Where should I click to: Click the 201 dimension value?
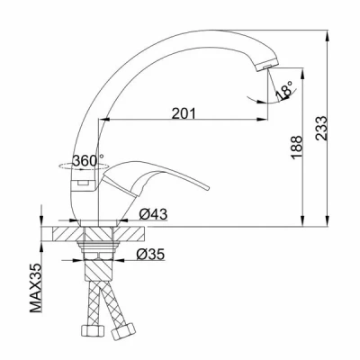(x=184, y=113)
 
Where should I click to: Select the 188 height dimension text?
(x=296, y=148)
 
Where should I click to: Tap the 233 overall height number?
(x=320, y=128)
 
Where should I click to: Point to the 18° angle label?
(x=283, y=89)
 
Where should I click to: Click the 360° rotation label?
(x=88, y=160)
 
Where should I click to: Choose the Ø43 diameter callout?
(x=153, y=214)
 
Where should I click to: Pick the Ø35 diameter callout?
(x=150, y=255)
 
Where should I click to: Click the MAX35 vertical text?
(x=36, y=288)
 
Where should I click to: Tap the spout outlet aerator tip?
(x=267, y=66)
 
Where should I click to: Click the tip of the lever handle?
(x=207, y=188)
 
